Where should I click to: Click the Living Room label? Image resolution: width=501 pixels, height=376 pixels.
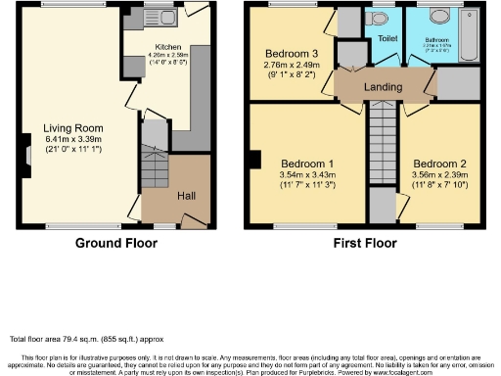point(74,126)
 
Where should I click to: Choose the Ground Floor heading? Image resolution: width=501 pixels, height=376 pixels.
point(117,242)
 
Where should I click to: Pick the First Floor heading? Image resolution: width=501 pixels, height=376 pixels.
point(363,242)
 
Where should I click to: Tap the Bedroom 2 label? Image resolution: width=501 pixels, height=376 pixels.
point(437,163)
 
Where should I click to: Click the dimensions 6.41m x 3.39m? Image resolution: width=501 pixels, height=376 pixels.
point(74,138)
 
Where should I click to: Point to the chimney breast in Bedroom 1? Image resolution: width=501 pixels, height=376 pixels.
point(253,159)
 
